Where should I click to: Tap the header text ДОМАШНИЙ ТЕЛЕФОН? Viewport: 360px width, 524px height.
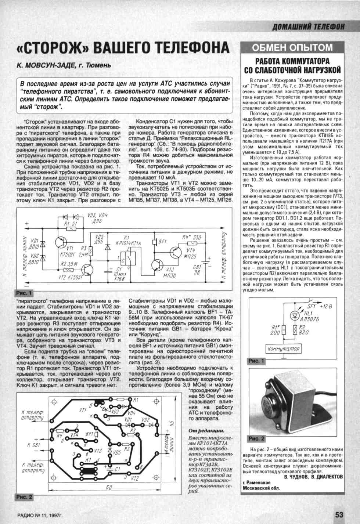(308, 26)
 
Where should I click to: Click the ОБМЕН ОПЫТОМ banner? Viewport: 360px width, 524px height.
(292, 47)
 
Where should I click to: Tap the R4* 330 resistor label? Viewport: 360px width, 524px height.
(192, 237)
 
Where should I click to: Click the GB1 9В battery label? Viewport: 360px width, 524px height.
(197, 270)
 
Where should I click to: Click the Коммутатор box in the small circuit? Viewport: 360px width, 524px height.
(283, 348)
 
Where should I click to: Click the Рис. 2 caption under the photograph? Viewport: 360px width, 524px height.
(256, 438)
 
